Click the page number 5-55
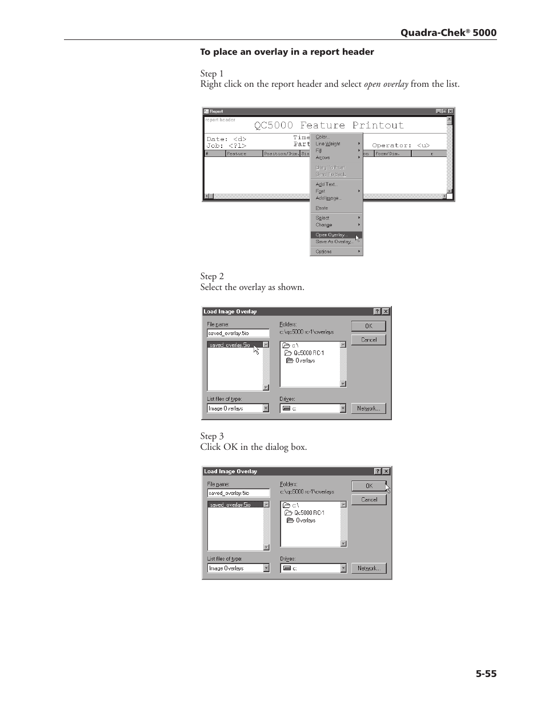tap(486, 674)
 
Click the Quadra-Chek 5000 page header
tap(448, 33)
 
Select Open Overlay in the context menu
tap(332, 235)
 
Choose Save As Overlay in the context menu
tap(334, 241)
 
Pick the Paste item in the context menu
tap(322, 208)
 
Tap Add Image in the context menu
tap(328, 198)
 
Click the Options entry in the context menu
tap(324, 251)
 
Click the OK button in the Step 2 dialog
tap(368, 326)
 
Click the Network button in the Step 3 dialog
tap(368, 568)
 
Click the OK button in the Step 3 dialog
tap(369, 486)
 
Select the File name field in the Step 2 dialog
tap(238, 333)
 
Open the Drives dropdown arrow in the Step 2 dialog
tap(343, 408)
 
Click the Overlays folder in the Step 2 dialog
tap(305, 360)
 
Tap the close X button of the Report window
tap(450, 111)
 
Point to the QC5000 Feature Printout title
tap(329, 125)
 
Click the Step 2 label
tap(212, 276)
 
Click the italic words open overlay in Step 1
tap(386, 84)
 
